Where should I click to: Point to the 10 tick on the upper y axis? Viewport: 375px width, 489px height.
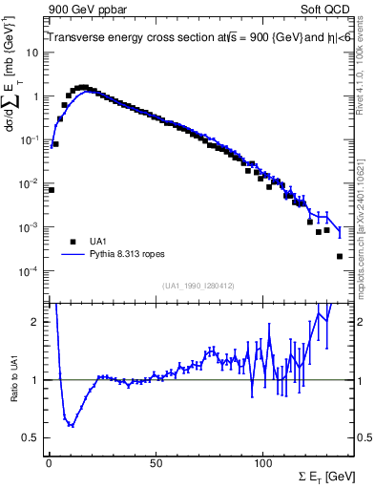(x=33, y=53)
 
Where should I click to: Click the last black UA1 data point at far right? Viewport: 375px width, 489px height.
(x=340, y=256)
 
